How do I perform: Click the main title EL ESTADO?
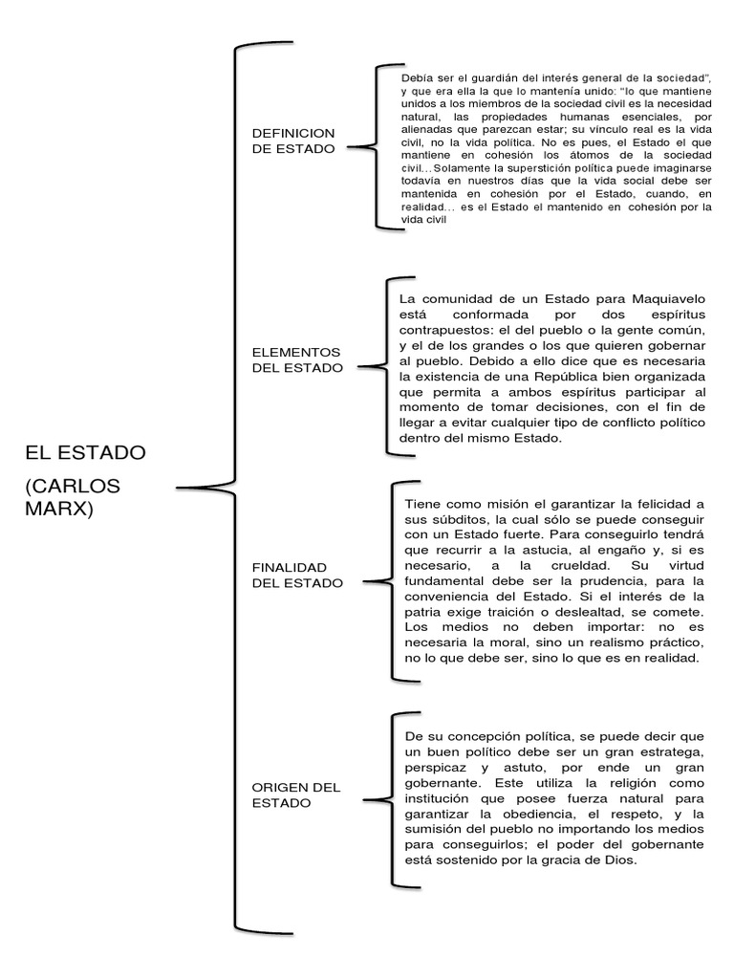coord(85,450)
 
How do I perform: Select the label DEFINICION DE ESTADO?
coord(292,141)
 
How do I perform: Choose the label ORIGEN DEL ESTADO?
coord(295,794)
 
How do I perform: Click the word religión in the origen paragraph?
coord(621,782)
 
